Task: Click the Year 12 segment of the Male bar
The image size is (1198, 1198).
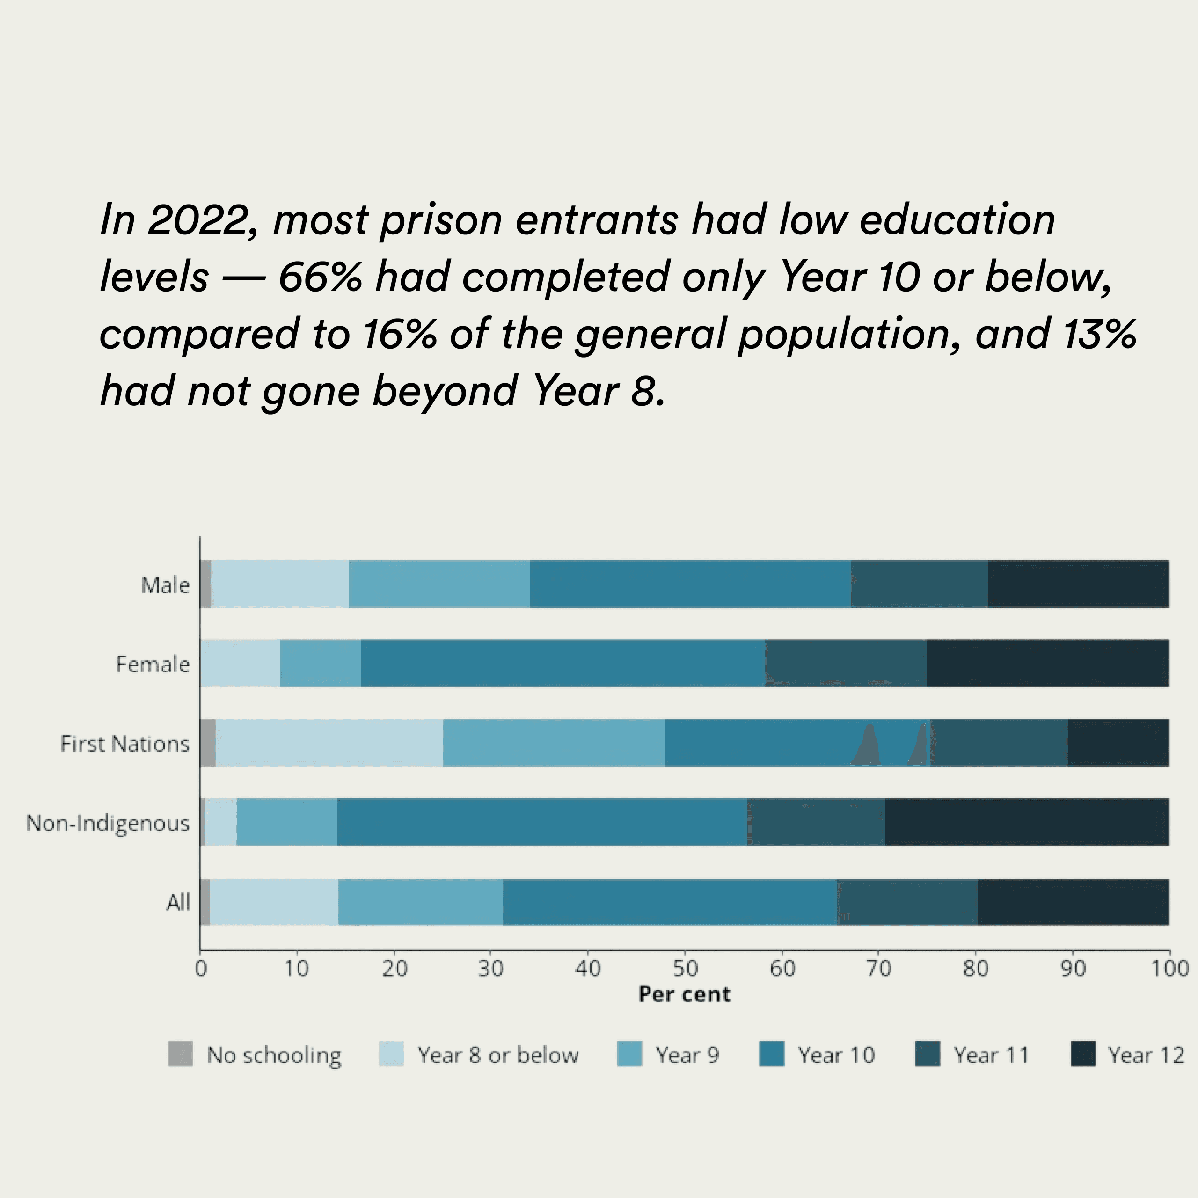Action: click(x=1078, y=584)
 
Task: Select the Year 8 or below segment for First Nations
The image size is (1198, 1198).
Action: click(x=329, y=742)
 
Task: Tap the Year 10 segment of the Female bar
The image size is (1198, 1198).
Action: click(x=562, y=663)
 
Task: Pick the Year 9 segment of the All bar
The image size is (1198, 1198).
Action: click(x=420, y=902)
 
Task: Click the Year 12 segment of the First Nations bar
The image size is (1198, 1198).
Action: click(x=1118, y=742)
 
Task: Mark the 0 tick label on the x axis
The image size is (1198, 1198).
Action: click(x=201, y=969)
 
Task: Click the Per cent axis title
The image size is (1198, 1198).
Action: click(x=685, y=994)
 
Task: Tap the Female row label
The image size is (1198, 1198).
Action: click(x=153, y=664)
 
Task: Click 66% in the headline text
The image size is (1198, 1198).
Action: click(x=320, y=277)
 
